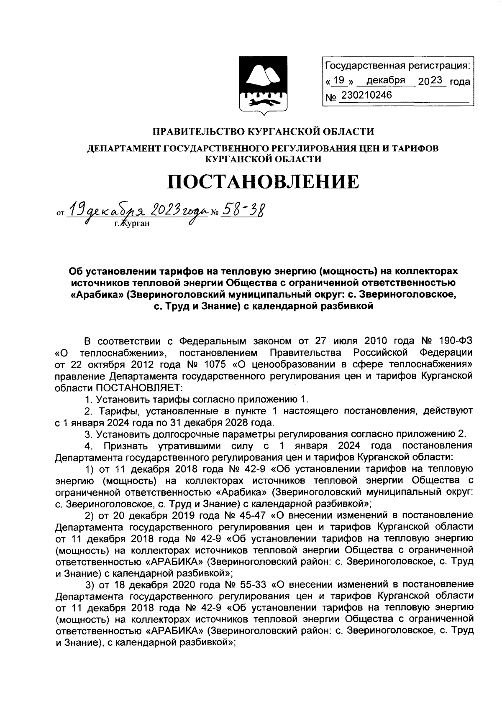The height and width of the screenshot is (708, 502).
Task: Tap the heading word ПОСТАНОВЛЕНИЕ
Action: [x=263, y=182]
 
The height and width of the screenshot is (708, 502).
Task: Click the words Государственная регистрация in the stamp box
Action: [x=397, y=66]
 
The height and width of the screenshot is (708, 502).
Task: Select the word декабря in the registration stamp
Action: [x=386, y=80]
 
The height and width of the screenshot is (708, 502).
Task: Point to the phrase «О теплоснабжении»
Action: [x=112, y=351]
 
